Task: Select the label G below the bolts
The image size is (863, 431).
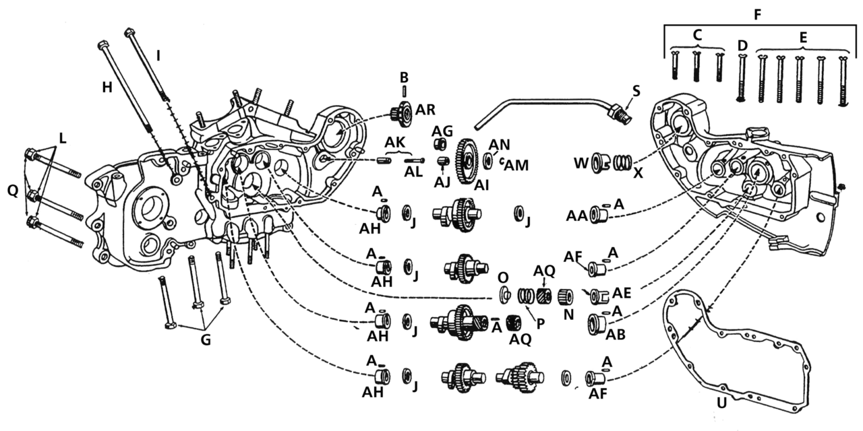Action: click(205, 340)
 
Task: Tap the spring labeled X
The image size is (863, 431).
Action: click(624, 163)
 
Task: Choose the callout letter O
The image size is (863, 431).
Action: click(502, 278)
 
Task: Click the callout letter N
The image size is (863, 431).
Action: click(568, 314)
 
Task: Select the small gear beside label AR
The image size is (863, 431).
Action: click(403, 114)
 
